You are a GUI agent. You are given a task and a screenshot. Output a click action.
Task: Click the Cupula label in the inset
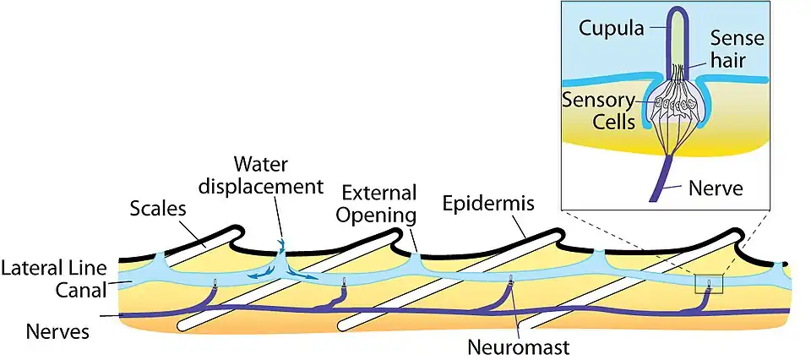(611, 30)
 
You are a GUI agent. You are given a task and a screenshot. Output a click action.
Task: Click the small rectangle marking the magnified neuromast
(708, 284)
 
